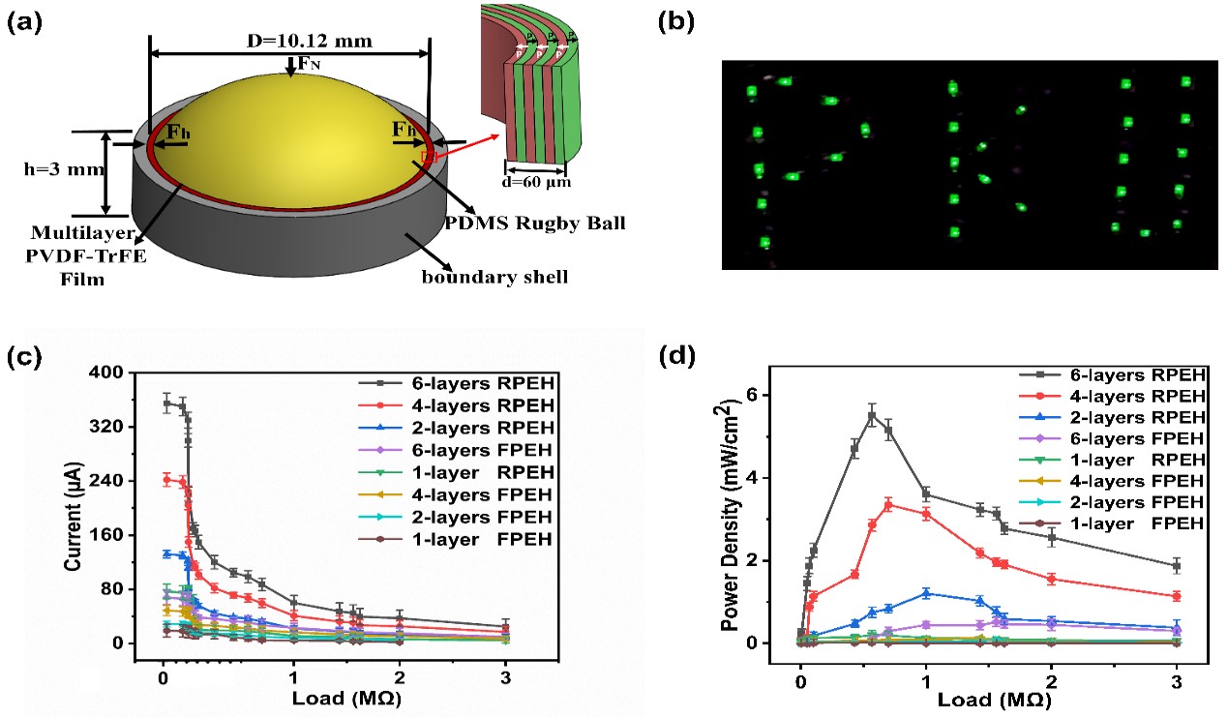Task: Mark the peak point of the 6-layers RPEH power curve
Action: (872, 416)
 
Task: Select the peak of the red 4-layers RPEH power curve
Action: (888, 504)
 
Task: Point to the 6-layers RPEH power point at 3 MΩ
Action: (1177, 565)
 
